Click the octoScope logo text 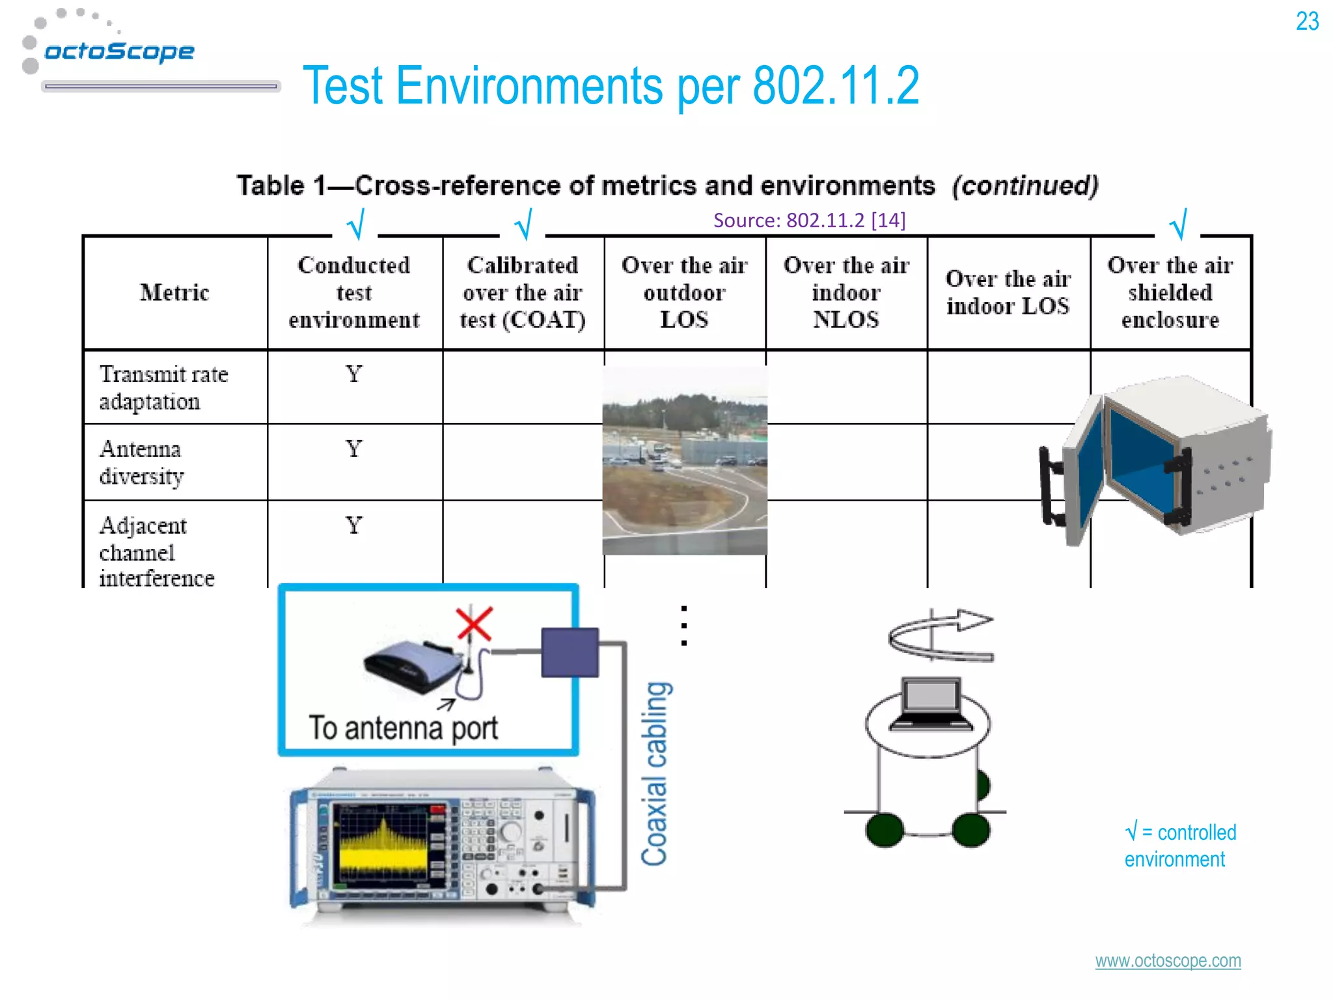pos(119,51)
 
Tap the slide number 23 pos(1307,21)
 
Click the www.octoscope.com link pos(1168,961)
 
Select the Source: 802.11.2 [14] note pos(809,220)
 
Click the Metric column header pos(174,292)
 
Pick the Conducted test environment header pos(354,292)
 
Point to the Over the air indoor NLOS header pos(846,292)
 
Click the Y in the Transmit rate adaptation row pos(353,374)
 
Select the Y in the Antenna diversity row pos(353,449)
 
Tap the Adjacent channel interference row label pos(156,551)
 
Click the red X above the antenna pos(474,624)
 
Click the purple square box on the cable pos(570,652)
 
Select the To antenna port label pos(404,728)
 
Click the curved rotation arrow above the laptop pos(941,635)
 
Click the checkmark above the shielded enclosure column pos(1177,225)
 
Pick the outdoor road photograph pos(685,461)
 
